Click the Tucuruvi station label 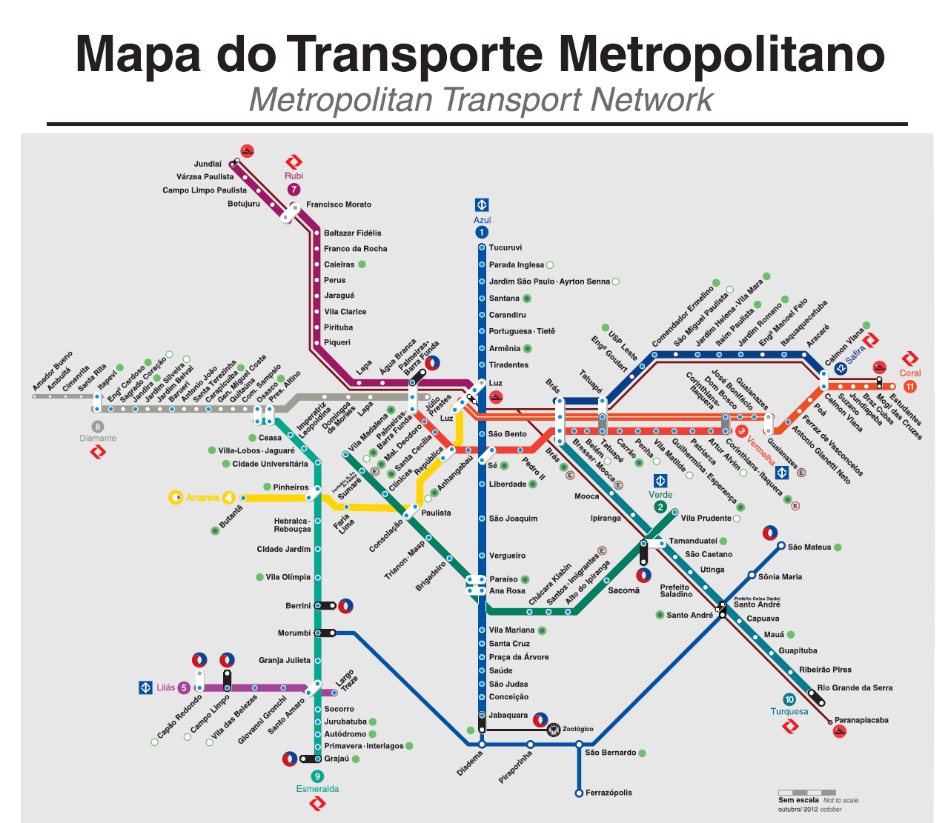click(506, 247)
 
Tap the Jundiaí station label click(208, 164)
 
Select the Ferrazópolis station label click(609, 793)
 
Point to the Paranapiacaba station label click(861, 720)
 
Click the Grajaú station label click(337, 759)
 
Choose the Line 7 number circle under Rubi click(294, 190)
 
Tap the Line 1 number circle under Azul click(482, 233)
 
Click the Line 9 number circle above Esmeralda click(317, 776)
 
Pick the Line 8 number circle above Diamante click(97, 426)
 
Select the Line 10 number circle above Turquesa click(789, 699)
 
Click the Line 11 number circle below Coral click(909, 386)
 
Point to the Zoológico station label click(578, 729)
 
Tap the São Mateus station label click(809, 547)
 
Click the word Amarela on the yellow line click(202, 498)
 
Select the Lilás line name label click(166, 687)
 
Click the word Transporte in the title click(414, 54)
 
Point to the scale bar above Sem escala click(807, 792)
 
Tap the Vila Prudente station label click(706, 519)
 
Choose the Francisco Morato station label click(339, 204)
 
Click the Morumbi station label click(294, 633)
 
